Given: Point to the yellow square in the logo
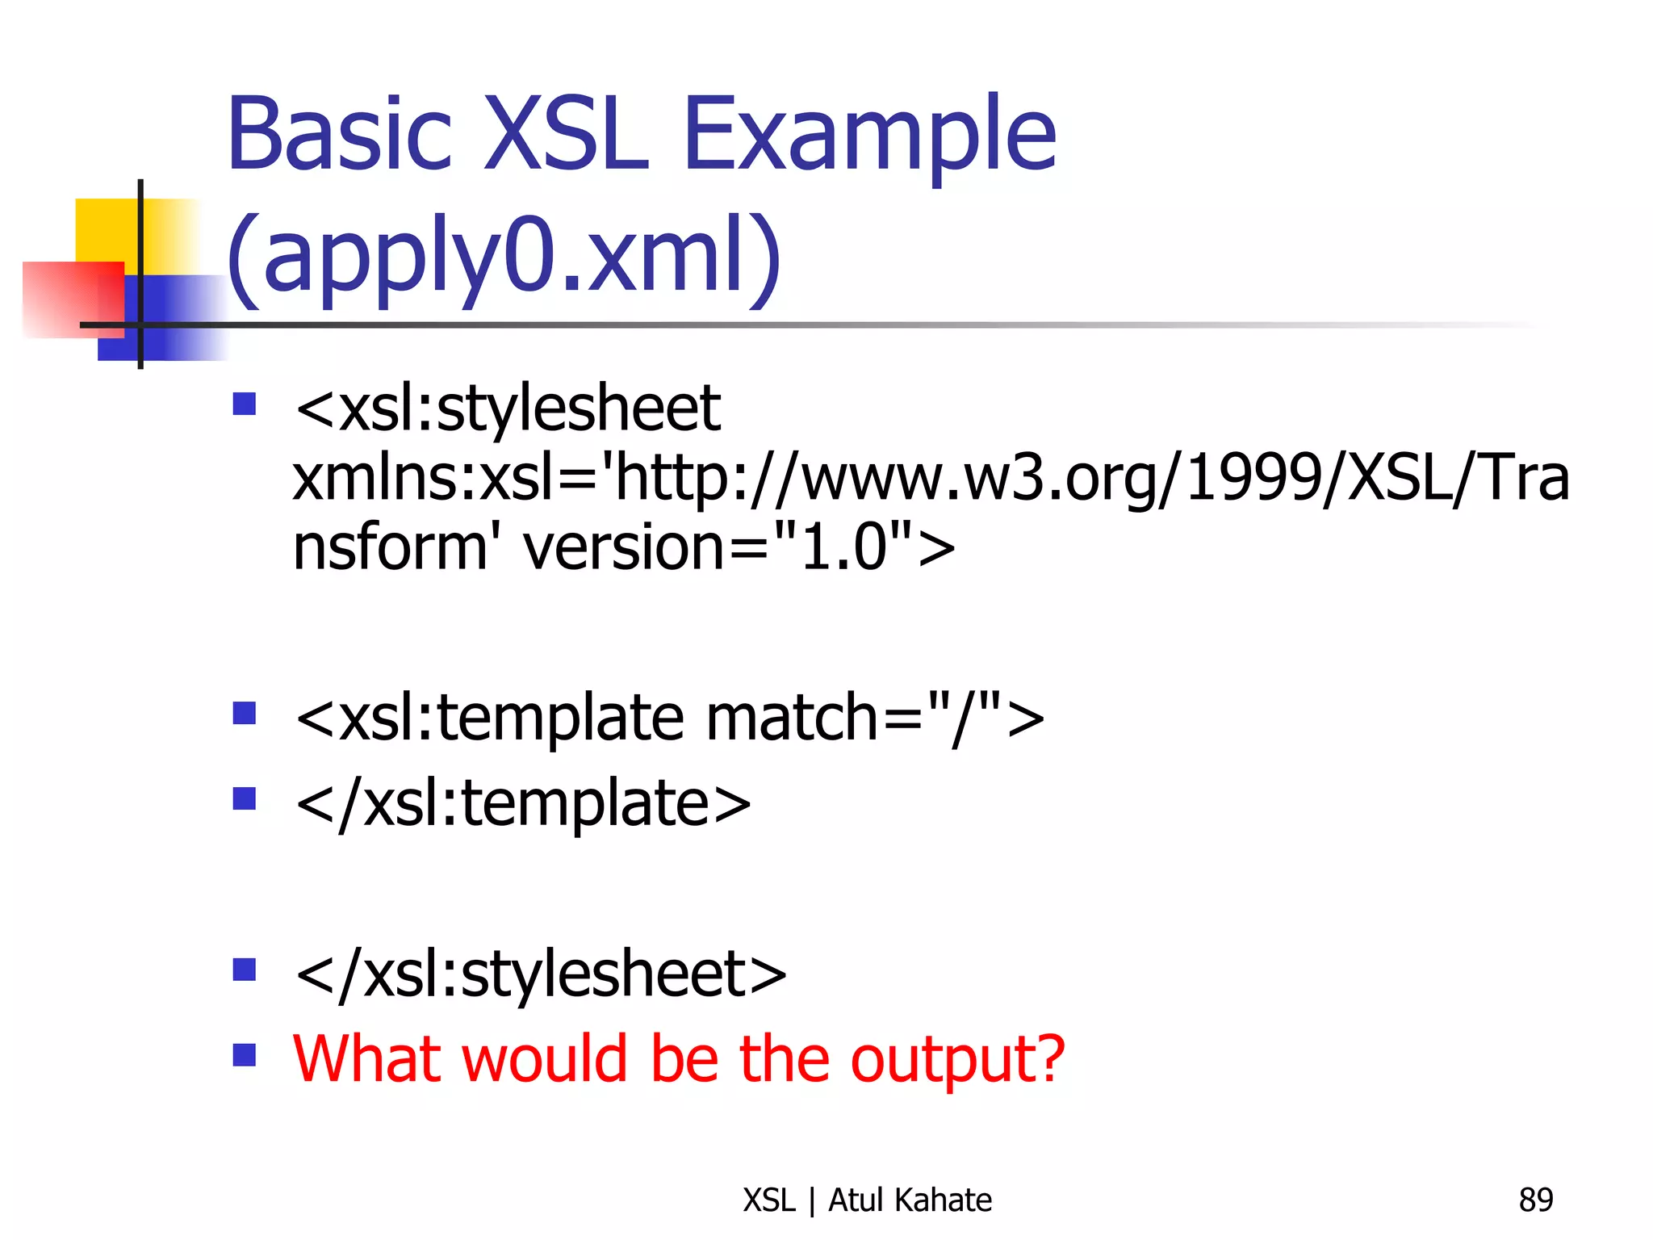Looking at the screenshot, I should [105, 230].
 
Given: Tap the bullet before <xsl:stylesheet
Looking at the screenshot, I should [244, 404].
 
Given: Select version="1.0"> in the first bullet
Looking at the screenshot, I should [739, 547].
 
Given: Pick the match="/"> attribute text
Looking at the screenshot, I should [875, 718].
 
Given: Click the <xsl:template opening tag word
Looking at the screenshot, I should [490, 718].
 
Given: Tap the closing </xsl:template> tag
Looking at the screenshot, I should [524, 804].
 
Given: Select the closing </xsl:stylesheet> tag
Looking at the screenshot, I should [541, 974].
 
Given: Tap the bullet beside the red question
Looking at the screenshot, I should [244, 1055].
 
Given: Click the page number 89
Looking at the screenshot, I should [1535, 1200].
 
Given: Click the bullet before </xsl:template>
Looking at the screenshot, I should [244, 798].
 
